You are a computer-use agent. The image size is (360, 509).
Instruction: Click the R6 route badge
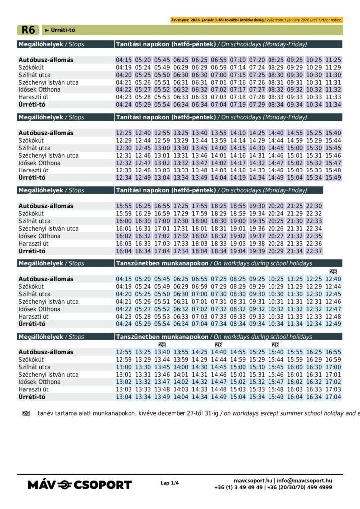coord(28,30)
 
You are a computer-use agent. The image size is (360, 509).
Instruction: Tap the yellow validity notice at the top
coord(256,20)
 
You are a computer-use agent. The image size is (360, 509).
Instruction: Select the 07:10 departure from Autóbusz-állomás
coord(238,60)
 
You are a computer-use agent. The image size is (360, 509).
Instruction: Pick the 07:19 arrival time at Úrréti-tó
coord(238,105)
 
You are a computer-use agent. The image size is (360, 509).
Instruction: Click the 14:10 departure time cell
coord(238,133)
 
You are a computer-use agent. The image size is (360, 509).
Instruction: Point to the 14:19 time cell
coord(238,178)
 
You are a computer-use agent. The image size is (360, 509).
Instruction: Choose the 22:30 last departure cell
coord(314,206)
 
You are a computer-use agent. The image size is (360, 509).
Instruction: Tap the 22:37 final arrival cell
coord(314,251)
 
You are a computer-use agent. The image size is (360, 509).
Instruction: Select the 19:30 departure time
coord(257,206)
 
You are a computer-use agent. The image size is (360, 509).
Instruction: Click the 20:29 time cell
coord(275,251)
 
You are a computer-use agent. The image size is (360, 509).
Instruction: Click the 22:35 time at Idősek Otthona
coord(314,236)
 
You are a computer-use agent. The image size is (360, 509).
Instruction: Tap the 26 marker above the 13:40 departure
coord(162,345)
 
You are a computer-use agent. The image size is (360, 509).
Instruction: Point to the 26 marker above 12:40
coord(333,272)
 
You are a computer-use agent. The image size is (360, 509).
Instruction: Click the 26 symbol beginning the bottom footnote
coord(26,413)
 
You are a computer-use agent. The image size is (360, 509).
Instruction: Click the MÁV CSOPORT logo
coord(80,484)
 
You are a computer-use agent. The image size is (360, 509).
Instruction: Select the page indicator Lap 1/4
coord(169,483)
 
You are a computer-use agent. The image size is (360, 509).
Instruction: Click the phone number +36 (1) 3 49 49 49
coord(239,488)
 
